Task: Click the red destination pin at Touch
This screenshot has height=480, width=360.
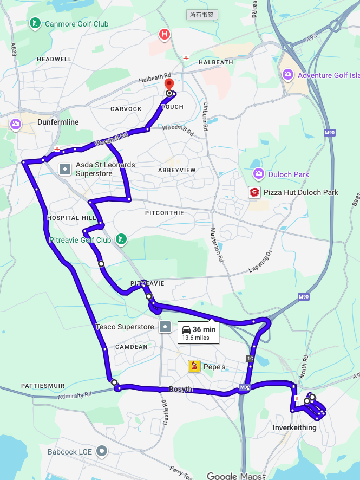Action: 169,85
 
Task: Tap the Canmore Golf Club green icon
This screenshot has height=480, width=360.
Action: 35,23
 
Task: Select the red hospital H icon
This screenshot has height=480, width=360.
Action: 164,35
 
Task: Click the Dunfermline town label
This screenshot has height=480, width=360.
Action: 58,122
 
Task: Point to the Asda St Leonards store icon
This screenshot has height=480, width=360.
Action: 65,169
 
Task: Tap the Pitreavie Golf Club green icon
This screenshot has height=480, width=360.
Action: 122,239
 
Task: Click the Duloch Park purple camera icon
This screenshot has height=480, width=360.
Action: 259,174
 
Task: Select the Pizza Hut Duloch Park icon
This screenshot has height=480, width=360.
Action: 254,192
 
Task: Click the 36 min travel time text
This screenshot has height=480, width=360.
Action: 204,329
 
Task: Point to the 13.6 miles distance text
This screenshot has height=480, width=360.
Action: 195,338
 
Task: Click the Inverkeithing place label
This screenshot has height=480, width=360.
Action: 290,427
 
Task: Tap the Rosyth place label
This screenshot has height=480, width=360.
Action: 180,389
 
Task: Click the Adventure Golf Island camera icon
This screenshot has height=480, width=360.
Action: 287,75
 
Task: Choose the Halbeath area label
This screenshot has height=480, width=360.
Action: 215,62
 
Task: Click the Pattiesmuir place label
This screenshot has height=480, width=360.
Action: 43,386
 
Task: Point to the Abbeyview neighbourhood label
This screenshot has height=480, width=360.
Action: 176,170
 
